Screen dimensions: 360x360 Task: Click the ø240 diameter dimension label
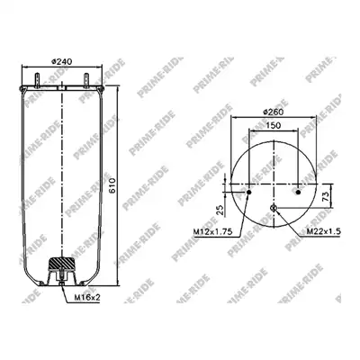[62, 62]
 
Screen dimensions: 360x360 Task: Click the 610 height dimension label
[112, 186]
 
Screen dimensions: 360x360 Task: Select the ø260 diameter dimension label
[273, 112]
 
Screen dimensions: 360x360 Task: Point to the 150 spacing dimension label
[273, 125]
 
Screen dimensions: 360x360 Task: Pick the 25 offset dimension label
[220, 210]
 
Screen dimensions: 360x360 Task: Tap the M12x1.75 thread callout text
[213, 231]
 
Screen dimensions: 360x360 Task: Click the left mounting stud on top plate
[37, 80]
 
